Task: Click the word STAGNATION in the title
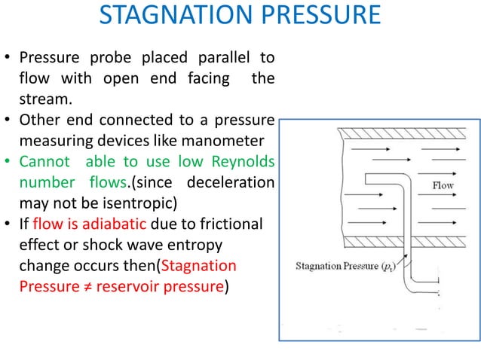176,15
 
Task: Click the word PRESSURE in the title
321,15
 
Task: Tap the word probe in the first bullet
110,58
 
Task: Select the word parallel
224,57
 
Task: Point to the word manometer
222,141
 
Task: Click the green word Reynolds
243,162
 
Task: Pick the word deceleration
231,182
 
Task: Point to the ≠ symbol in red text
87,287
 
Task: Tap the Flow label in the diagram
443,185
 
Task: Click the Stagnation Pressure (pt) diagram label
346,267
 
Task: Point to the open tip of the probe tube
366,179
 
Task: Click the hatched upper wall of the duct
402,133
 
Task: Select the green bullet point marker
8,161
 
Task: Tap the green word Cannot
44,162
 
